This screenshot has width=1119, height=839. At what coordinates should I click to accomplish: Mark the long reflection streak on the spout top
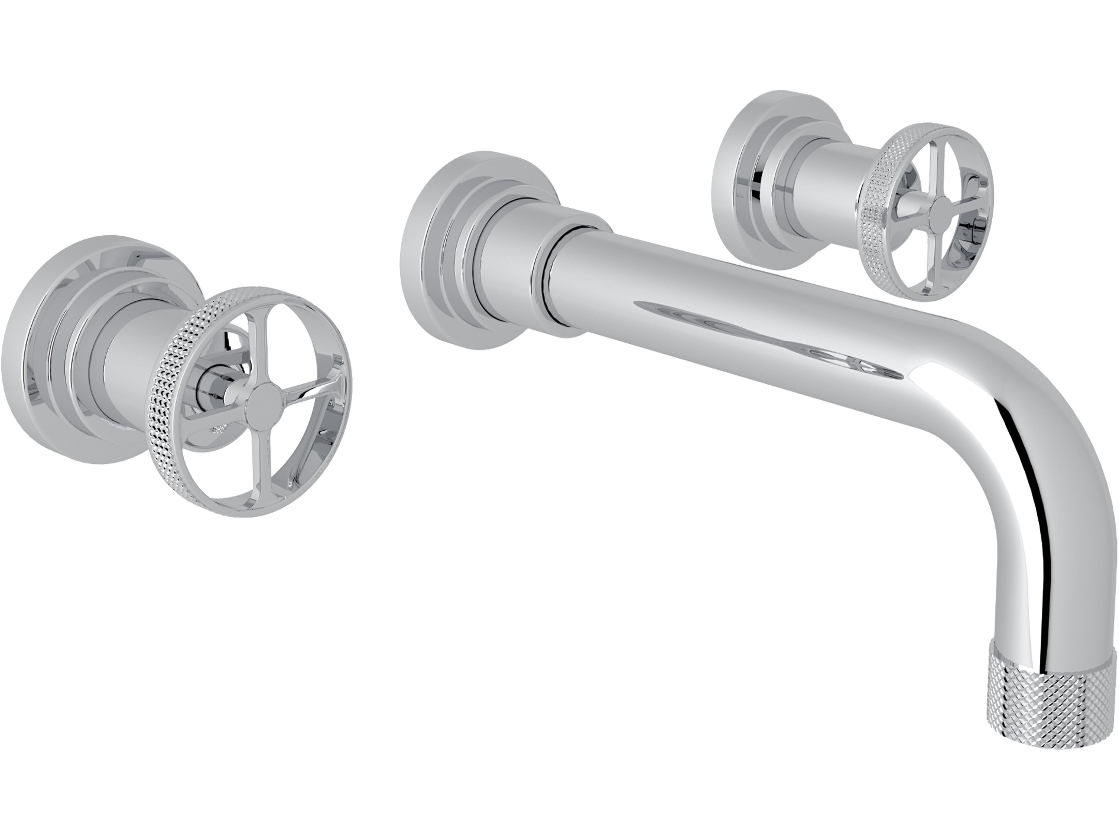[759, 329]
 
